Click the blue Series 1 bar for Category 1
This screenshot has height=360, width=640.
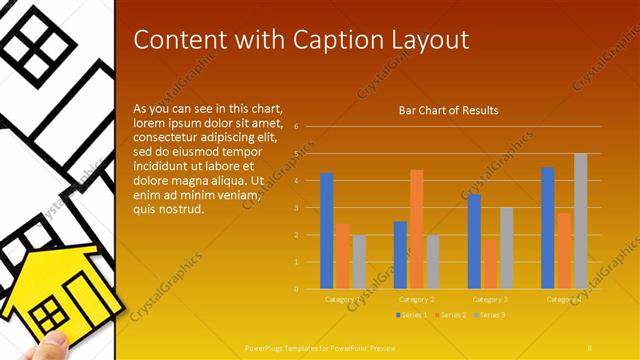[x=326, y=231]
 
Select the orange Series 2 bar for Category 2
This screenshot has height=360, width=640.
[x=416, y=229]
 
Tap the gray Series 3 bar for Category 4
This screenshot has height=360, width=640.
[x=580, y=221]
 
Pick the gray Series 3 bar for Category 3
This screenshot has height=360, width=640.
[x=506, y=248]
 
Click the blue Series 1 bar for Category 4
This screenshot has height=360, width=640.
[x=547, y=228]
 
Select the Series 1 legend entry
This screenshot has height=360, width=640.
[x=411, y=315]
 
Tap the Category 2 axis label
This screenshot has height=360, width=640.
[x=416, y=299]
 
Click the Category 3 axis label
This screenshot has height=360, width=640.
[x=490, y=299]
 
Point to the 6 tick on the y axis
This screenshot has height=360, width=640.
[x=297, y=127]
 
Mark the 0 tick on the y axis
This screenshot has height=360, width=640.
[x=297, y=289]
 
